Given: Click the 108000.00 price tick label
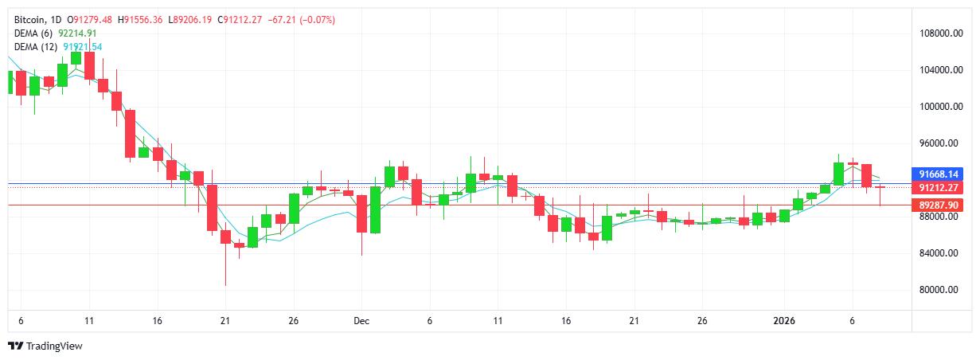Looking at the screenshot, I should [932, 33].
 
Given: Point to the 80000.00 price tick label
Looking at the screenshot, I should [934, 290].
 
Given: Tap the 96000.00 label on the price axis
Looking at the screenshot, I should [934, 143].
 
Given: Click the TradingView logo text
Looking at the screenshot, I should [54, 346].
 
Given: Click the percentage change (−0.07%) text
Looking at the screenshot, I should [317, 20].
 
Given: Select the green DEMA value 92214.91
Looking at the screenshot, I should [78, 33].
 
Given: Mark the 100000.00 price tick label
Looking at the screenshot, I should [932, 107].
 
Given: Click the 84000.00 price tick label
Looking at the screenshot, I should [934, 253].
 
